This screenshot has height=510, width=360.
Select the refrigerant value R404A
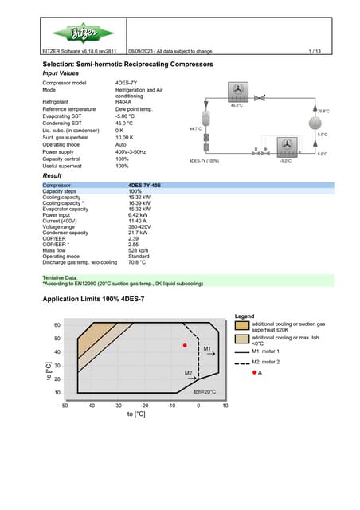coord(123,102)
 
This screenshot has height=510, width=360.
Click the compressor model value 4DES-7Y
coord(127,83)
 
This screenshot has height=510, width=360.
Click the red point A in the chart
coord(185,345)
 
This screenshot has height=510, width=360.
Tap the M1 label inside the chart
coord(207,349)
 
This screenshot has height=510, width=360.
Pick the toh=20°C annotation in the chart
coord(205,392)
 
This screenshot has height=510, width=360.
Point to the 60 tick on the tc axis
coord(57,325)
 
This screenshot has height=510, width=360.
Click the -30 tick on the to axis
coord(118,406)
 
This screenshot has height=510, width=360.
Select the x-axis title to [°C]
coord(136,414)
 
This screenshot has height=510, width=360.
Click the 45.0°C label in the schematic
coord(237,105)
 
